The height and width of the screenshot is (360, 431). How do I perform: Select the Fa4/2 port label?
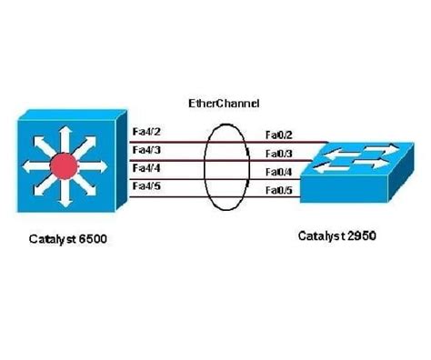click(147, 133)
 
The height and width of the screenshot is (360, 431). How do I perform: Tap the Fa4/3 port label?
click(147, 150)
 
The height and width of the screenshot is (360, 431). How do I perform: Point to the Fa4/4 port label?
click(147, 168)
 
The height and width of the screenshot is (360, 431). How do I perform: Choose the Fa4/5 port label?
click(147, 185)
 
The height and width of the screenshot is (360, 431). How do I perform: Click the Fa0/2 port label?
click(277, 135)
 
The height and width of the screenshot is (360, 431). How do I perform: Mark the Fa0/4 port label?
click(277, 171)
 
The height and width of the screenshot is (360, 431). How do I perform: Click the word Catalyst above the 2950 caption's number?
click(319, 236)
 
